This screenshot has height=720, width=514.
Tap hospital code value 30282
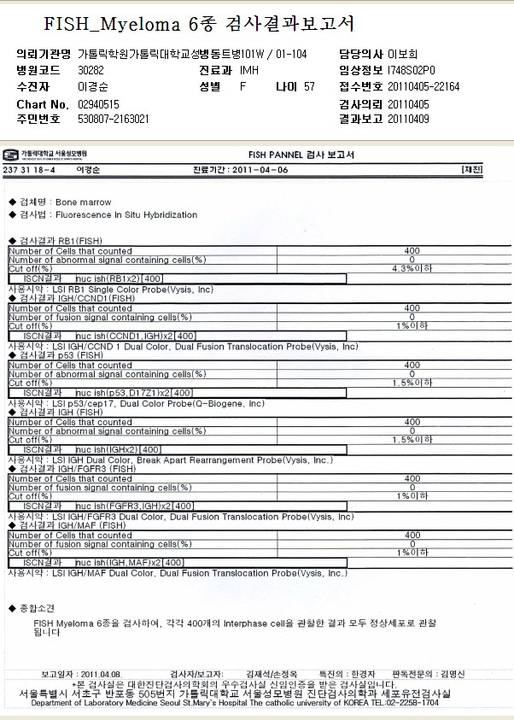(91, 71)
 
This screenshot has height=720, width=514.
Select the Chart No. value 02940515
(99, 104)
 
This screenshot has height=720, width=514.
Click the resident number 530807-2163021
(114, 120)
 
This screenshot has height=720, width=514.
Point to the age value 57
(308, 87)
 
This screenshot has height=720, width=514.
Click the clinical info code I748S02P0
(411, 71)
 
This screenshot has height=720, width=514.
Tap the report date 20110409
(409, 120)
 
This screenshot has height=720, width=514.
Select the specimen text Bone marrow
(83, 203)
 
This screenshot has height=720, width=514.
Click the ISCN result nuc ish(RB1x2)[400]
(119, 278)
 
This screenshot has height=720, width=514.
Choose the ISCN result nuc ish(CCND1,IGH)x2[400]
(137, 336)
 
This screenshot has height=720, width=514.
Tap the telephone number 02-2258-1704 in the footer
(415, 703)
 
